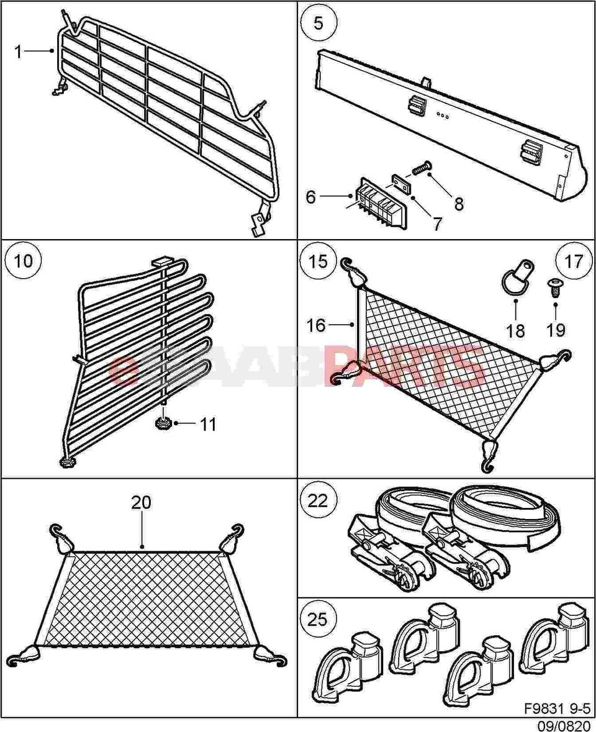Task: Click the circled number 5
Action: [318, 24]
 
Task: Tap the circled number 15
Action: [318, 261]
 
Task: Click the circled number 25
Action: [318, 619]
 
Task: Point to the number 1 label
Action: [19, 52]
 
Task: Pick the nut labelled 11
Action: [163, 424]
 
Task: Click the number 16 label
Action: [316, 325]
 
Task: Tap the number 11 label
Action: [208, 425]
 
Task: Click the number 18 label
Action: [515, 330]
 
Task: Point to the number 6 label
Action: [311, 197]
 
